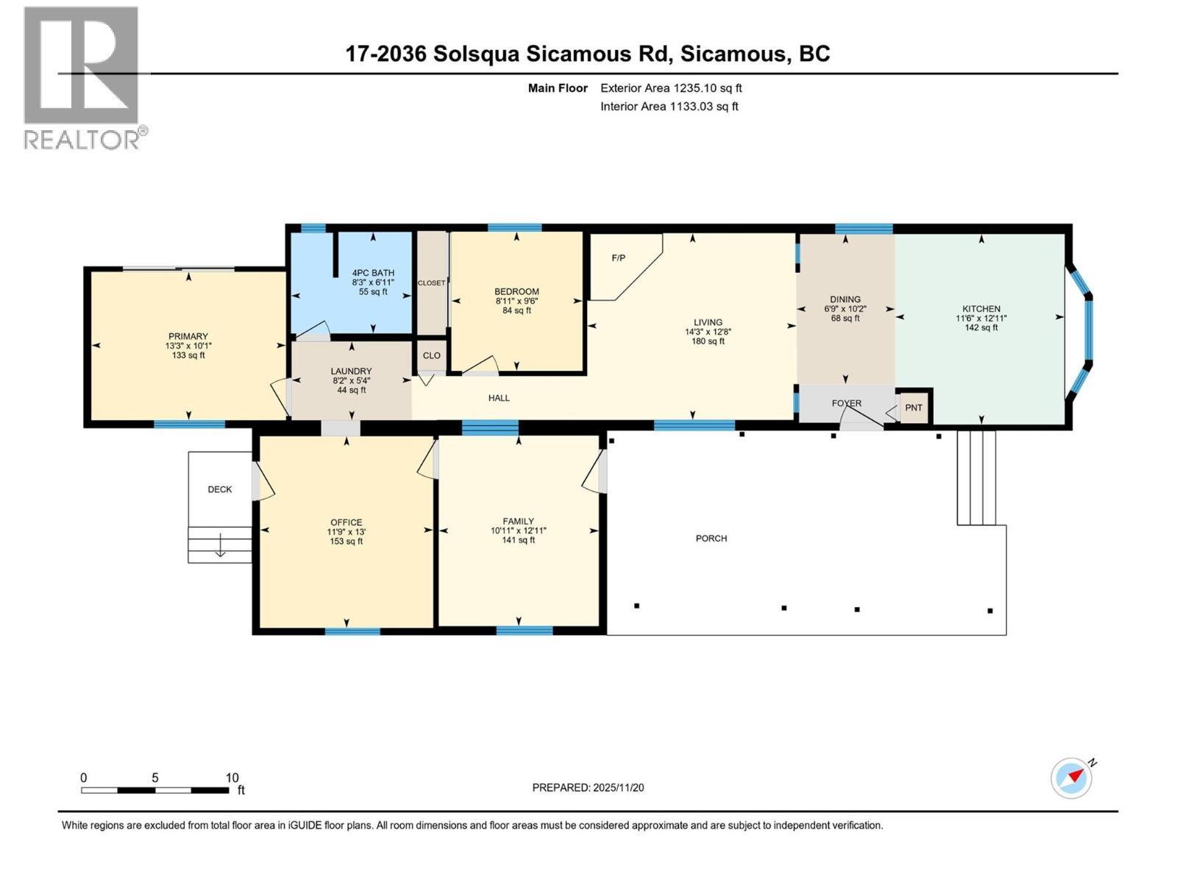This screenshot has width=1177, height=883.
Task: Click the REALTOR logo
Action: (82, 77)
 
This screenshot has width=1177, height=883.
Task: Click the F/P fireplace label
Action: (619, 258)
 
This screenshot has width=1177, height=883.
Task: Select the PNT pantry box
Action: (914, 408)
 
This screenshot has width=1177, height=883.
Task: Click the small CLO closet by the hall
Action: (432, 355)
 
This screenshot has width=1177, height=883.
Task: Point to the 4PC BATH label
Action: (373, 273)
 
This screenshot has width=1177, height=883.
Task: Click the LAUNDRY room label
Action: (351, 372)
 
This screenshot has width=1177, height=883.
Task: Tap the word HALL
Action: (499, 398)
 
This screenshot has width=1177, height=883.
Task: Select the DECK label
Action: (219, 489)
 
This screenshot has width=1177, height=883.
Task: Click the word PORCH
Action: (711, 539)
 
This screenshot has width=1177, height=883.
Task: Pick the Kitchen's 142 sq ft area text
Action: (981, 328)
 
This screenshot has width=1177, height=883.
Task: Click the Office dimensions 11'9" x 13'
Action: (346, 532)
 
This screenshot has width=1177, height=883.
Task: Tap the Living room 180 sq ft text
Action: (708, 341)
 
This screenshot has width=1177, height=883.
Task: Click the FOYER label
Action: (846, 403)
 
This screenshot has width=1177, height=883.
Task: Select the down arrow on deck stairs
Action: (220, 549)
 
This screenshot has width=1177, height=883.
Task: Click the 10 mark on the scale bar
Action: (232, 778)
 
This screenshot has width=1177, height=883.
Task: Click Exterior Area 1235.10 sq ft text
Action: (671, 88)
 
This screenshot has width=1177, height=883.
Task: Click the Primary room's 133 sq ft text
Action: (188, 355)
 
